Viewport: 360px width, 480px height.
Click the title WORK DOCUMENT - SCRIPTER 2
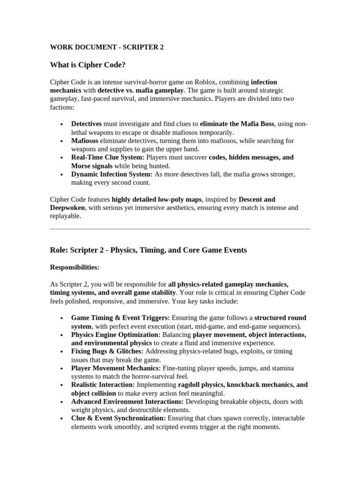click(x=106, y=47)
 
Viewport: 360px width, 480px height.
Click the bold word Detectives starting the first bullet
click(x=86, y=124)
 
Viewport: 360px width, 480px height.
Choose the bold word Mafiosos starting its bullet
click(x=84, y=141)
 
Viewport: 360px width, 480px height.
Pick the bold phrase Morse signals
click(x=92, y=166)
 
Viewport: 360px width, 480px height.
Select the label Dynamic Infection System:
click(x=112, y=174)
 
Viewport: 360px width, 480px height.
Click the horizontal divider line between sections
click(x=180, y=229)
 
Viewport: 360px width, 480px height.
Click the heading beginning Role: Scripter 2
click(x=148, y=250)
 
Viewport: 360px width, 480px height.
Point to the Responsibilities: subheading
click(x=75, y=267)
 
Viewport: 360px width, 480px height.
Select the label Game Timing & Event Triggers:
click(x=120, y=318)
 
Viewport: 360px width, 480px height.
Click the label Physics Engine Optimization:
click(x=116, y=335)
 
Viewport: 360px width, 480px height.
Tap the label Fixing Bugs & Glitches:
click(x=107, y=351)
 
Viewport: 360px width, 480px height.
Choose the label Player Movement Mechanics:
click(x=116, y=368)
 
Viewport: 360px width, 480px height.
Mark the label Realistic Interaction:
click(x=103, y=385)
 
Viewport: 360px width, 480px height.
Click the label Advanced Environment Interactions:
click(x=127, y=402)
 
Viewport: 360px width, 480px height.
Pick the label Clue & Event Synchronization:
click(x=118, y=418)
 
